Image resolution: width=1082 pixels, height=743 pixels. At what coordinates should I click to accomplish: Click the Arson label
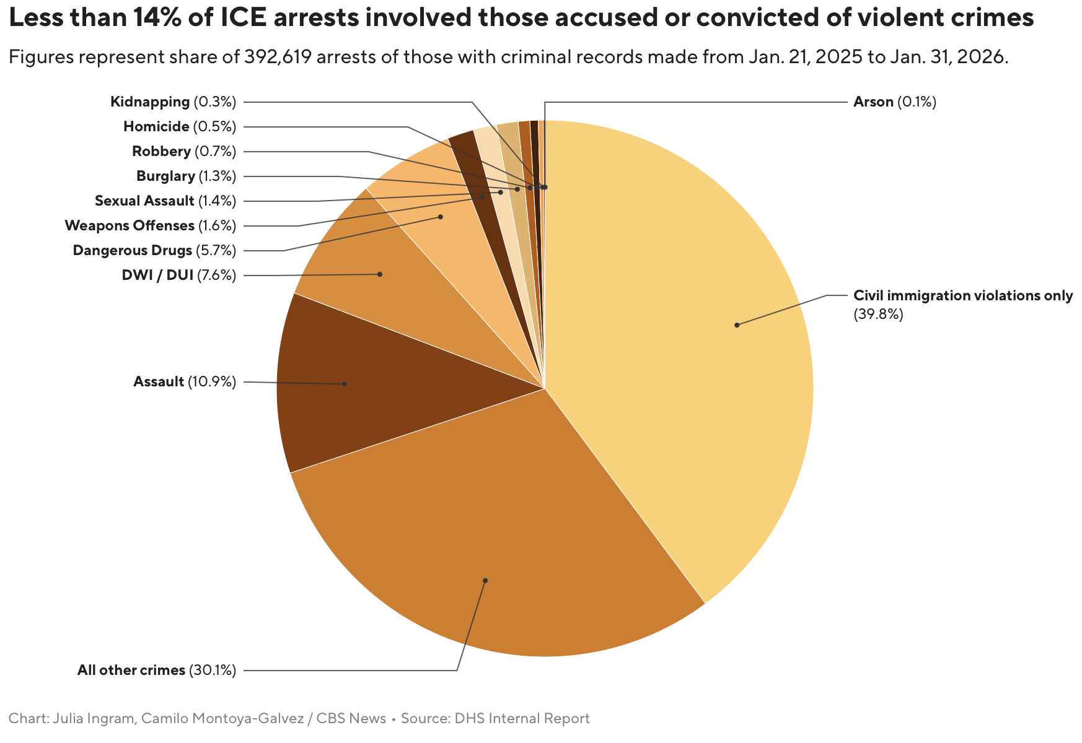[894, 102]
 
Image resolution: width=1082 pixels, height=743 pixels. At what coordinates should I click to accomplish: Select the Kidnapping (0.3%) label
[174, 102]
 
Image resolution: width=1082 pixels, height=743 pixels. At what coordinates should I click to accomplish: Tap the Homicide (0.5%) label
[180, 127]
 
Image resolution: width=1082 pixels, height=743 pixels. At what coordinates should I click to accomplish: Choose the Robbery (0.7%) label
[184, 152]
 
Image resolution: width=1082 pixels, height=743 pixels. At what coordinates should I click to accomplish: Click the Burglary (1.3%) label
[186, 176]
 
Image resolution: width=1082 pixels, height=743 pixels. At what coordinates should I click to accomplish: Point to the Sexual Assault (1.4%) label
[165, 201]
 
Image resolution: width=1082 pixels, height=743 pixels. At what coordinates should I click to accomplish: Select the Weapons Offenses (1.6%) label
[151, 226]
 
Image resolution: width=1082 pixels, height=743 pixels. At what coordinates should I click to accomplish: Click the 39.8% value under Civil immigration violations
[878, 315]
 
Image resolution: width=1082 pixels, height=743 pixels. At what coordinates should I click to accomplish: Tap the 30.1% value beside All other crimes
[213, 671]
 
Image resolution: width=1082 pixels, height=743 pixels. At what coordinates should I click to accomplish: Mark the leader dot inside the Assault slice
[345, 384]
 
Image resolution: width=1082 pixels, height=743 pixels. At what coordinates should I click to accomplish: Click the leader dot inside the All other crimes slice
[485, 581]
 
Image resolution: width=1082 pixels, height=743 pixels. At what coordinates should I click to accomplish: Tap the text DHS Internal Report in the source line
[522, 719]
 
